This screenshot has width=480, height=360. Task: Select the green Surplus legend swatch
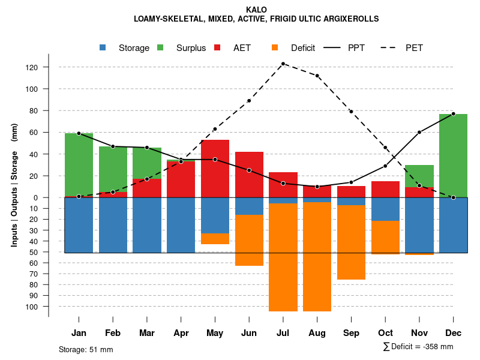pyautogui.click(x=161, y=48)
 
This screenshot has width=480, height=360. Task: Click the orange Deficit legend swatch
pyautogui.click(x=275, y=48)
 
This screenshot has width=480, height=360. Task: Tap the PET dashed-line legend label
pyautogui.click(x=414, y=48)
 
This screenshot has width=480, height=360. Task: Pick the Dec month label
pyautogui.click(x=453, y=333)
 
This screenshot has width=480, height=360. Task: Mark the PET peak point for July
pyautogui.click(x=283, y=64)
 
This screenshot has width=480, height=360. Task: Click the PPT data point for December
pyautogui.click(x=453, y=113)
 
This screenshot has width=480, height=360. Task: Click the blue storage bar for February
pyautogui.click(x=113, y=225)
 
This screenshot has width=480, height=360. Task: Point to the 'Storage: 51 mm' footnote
pyautogui.click(x=86, y=349)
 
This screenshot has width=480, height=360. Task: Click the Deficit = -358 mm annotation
pyautogui.click(x=418, y=347)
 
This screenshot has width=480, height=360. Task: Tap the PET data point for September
pyautogui.click(x=351, y=112)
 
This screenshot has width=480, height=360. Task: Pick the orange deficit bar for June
pyautogui.click(x=249, y=240)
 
